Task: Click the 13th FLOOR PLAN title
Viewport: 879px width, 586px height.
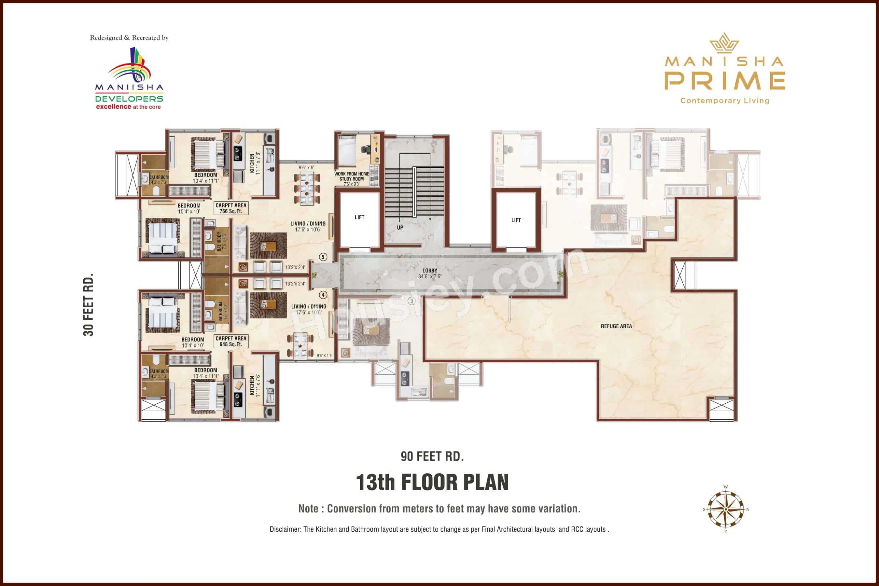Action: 432,482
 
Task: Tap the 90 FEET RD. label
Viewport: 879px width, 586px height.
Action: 432,456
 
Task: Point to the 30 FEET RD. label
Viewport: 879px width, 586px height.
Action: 88,305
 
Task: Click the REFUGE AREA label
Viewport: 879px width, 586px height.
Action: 616,326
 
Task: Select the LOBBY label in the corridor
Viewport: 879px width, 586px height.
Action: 429,271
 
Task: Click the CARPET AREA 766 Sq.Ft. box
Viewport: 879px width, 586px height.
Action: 230,208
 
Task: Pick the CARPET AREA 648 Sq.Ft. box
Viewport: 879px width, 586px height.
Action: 230,341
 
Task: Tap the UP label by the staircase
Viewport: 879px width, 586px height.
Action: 400,228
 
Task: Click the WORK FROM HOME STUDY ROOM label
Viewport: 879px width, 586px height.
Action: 351,176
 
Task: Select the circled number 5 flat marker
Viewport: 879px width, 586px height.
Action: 323,257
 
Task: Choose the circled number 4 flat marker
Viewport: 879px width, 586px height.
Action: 323,295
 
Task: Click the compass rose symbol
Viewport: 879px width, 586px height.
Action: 725,509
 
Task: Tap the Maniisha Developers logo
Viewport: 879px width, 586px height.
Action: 129,78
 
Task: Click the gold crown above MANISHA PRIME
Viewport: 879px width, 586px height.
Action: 724,43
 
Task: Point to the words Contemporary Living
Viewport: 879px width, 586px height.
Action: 725,101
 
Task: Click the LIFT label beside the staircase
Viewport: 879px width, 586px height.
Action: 359,217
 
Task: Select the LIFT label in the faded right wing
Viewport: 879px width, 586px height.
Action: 516,220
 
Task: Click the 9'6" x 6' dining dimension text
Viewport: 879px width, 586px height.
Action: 306,167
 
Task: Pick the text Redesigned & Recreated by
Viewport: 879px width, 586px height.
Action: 129,37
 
